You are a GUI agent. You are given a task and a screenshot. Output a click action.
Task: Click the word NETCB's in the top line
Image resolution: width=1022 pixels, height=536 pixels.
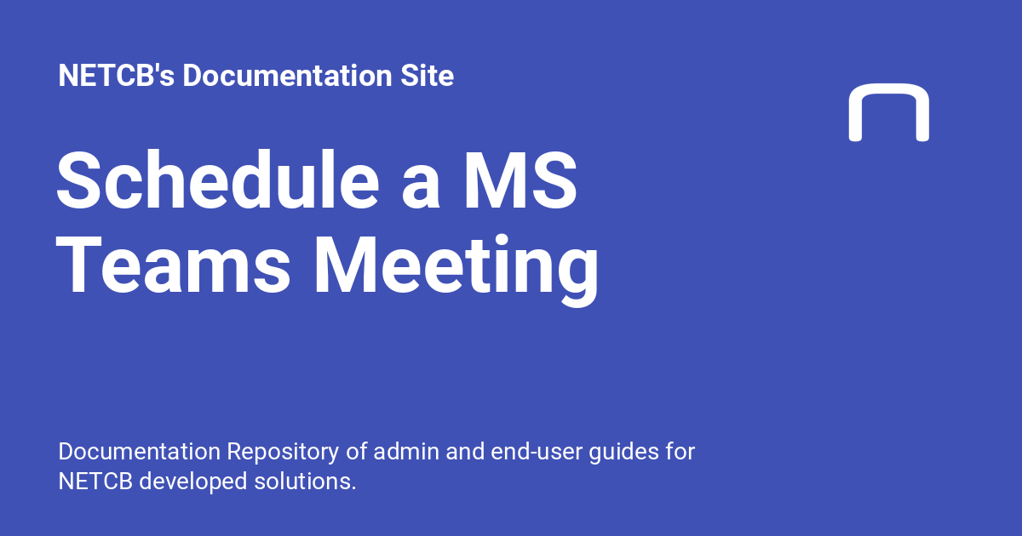(x=116, y=77)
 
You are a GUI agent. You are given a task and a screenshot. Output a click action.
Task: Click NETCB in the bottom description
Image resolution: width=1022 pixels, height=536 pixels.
(x=95, y=481)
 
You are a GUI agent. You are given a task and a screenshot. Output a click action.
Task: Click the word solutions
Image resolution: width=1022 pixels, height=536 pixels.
(x=306, y=481)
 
